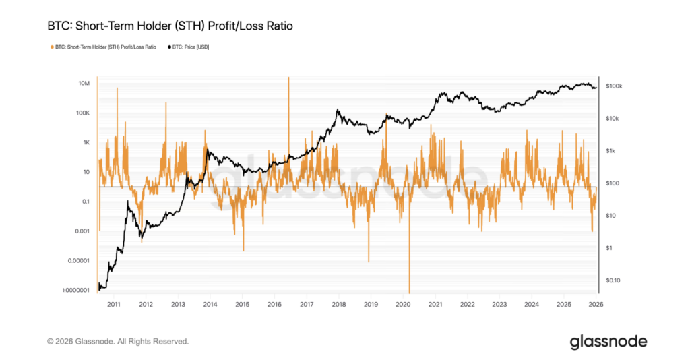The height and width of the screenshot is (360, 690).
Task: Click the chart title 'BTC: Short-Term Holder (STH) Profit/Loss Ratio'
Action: click(x=170, y=26)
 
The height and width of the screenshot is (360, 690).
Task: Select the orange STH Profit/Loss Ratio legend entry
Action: click(x=103, y=47)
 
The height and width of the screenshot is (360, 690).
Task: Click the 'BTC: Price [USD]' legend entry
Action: click(x=188, y=47)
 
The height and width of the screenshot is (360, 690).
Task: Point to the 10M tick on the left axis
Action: click(x=84, y=83)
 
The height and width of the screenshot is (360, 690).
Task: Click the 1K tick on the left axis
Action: click(x=86, y=142)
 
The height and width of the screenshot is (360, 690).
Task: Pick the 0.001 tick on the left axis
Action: click(x=81, y=231)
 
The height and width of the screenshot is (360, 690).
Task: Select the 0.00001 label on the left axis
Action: click(x=77, y=261)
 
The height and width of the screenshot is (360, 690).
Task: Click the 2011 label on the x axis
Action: click(x=113, y=305)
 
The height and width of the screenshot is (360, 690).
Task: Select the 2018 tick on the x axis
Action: click(x=338, y=305)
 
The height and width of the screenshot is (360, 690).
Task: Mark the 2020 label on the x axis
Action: click(x=403, y=305)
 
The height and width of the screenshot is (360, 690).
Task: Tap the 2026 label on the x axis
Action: click(x=596, y=305)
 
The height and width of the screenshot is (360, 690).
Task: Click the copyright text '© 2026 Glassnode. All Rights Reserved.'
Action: click(x=118, y=342)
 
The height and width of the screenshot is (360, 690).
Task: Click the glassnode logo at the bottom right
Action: click(x=608, y=341)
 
